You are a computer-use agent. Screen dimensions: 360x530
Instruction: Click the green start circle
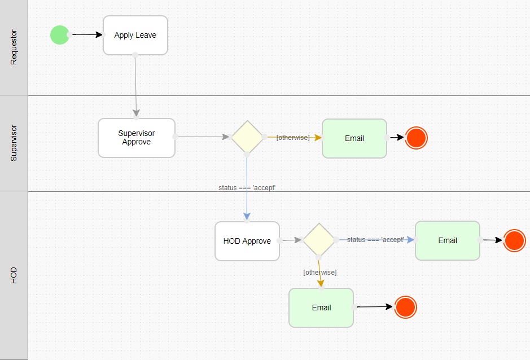click(59, 34)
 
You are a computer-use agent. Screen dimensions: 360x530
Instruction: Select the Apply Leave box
click(135, 35)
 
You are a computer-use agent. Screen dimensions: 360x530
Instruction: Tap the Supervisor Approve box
click(137, 138)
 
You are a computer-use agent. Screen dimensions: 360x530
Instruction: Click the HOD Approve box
click(247, 241)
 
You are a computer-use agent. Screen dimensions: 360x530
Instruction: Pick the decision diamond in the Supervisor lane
click(247, 137)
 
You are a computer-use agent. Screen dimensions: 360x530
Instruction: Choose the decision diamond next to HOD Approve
click(319, 239)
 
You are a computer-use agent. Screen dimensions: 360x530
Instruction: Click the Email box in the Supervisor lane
click(354, 138)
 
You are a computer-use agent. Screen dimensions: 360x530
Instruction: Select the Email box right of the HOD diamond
click(448, 240)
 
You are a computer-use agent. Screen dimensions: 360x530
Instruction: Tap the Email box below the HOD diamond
click(321, 308)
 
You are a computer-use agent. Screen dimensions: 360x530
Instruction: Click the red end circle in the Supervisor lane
click(417, 138)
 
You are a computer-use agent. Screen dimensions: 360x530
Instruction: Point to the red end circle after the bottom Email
click(405, 307)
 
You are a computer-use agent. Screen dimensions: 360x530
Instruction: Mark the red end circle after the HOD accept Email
click(515, 240)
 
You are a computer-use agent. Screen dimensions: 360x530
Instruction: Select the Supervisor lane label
click(14, 143)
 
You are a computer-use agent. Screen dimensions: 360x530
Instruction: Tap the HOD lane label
click(14, 275)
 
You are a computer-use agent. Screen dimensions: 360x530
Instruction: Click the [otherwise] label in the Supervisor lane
click(293, 138)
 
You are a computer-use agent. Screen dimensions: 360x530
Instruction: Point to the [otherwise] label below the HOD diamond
click(320, 273)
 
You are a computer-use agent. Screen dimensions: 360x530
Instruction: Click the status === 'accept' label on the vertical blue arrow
click(247, 188)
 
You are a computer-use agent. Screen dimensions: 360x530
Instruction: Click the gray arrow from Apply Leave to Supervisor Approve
click(135, 85)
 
